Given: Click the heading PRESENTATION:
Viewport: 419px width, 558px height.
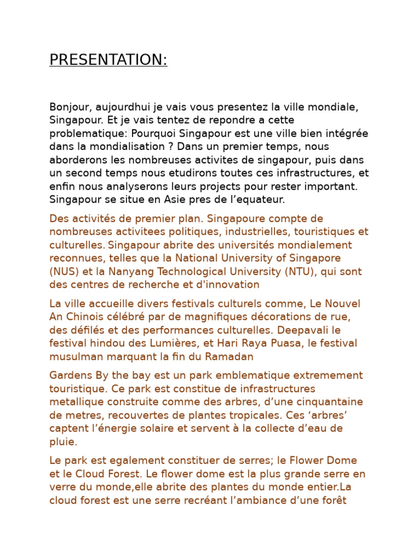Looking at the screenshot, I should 108,60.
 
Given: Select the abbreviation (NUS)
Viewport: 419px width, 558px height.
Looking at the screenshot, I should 64,271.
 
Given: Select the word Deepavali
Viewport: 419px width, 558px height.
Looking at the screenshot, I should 307,330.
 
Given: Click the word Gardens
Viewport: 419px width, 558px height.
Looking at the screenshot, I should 69,375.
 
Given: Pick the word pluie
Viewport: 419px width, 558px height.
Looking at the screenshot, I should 63,441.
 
